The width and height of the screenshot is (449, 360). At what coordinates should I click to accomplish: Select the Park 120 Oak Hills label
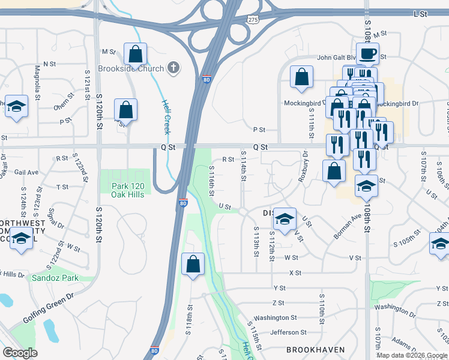[x=127, y=190]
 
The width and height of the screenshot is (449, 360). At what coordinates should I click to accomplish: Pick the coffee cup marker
[x=367, y=54]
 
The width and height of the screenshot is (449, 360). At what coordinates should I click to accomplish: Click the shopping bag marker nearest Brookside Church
[x=136, y=54]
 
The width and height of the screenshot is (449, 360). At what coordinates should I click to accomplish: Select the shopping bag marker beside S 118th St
[x=193, y=264]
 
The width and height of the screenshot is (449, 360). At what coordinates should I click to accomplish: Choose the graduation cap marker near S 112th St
[x=286, y=217]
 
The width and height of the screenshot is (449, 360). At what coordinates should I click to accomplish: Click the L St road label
[x=419, y=12]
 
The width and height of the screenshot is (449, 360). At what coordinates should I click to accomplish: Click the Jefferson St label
[x=288, y=332]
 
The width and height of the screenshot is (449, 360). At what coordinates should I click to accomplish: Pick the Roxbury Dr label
[x=304, y=168]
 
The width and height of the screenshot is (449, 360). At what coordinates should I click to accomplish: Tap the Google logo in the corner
[x=20, y=353]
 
